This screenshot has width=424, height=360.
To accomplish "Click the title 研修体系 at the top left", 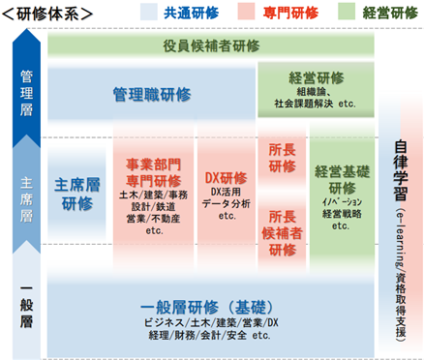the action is (47, 14).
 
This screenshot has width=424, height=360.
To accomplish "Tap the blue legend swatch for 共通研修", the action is (149, 12).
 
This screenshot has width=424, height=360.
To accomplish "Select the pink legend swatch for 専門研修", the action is (246, 12).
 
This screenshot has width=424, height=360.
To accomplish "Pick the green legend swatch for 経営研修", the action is (347, 12).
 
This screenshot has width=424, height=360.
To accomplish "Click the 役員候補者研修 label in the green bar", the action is (211, 45).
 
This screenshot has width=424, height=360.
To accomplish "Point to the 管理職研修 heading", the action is (152, 95).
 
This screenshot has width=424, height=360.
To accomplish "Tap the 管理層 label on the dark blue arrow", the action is (26, 93).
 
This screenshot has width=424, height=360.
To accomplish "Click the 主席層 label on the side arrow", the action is (26, 199).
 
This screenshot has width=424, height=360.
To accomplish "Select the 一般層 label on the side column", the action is (26, 305).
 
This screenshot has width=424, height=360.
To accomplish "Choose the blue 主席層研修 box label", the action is (77, 194).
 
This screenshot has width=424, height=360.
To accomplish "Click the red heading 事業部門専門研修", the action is (154, 172).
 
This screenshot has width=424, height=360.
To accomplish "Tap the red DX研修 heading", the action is (227, 178).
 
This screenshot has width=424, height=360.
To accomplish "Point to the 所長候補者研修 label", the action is (282, 233).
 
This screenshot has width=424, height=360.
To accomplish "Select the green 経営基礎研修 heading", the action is (342, 179).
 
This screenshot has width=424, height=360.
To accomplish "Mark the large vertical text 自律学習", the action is (401, 170).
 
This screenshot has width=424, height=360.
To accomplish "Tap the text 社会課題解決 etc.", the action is (315, 104).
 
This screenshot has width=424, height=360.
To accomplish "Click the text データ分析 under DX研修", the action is (227, 203).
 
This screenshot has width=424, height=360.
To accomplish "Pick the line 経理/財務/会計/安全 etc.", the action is (210, 335).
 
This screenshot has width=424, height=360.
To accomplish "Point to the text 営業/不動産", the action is (154, 219).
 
